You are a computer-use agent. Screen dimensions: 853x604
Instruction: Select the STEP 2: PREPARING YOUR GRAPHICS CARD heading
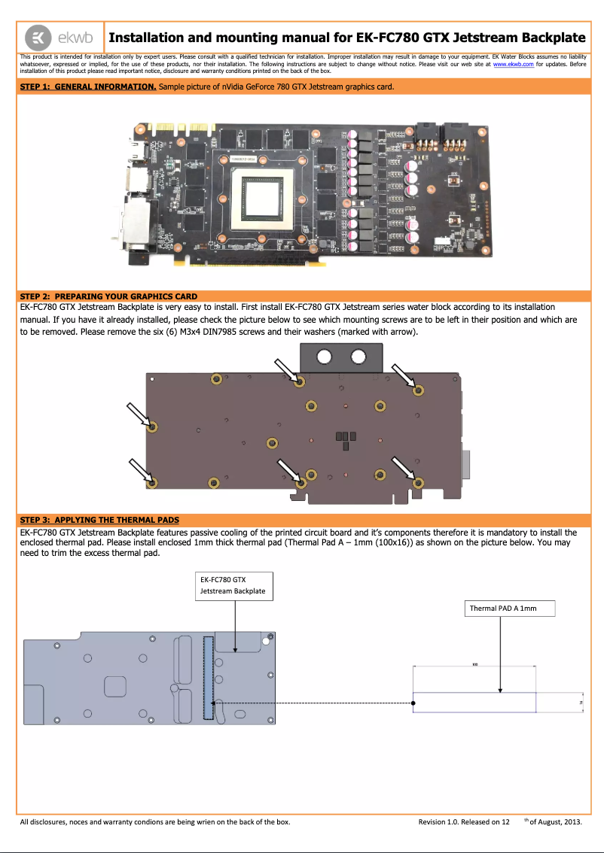coord(108,296)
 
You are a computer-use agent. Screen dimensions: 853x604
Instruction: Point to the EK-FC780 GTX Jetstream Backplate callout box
coord(233,586)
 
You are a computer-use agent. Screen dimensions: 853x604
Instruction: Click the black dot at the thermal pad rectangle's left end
coord(415,703)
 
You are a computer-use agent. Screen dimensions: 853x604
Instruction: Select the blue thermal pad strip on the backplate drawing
coord(209,676)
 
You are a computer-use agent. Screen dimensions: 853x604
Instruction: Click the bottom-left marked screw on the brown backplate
coord(152,481)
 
